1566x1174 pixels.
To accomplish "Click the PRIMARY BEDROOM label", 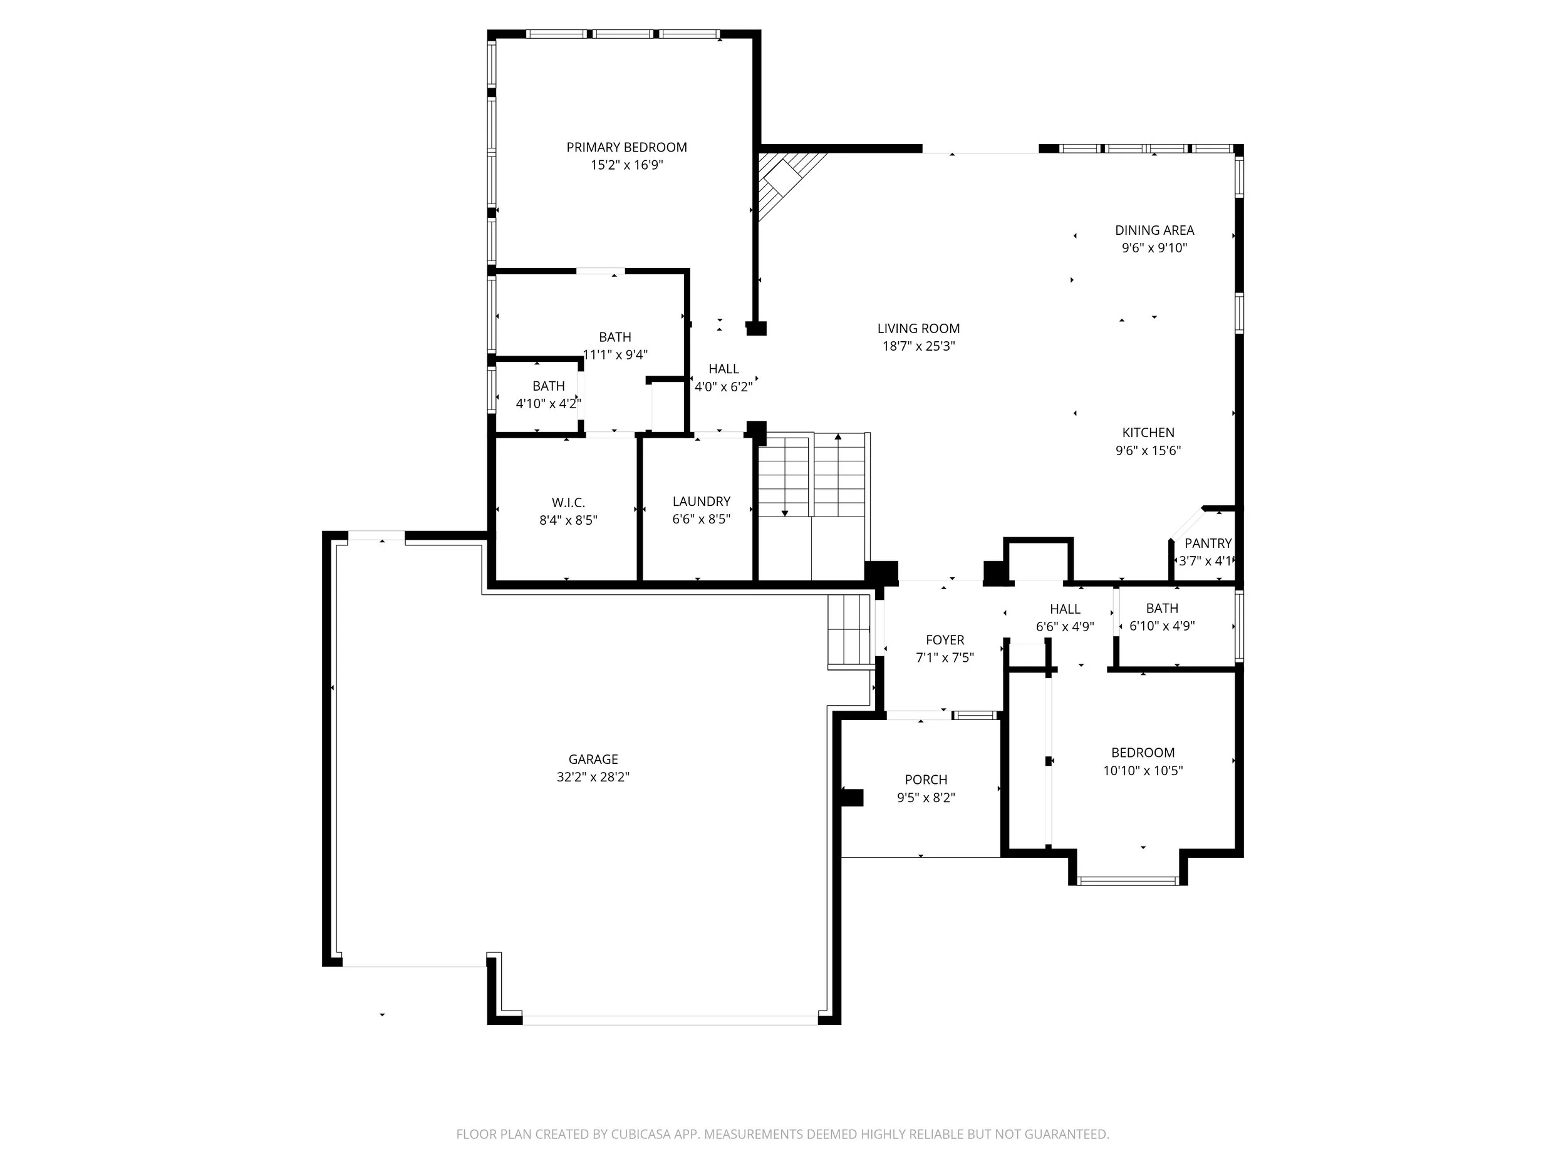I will point(626,147).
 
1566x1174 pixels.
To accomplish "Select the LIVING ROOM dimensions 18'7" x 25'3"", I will point(918,346).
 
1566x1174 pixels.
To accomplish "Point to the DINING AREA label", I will point(1154,230).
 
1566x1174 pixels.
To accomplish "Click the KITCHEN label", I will point(1148,433).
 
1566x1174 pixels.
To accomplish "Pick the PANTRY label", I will point(1208,543).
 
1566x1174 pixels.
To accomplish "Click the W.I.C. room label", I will point(568,502).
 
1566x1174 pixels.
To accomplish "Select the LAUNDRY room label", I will point(701,501).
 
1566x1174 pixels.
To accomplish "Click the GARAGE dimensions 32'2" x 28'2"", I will point(593,777).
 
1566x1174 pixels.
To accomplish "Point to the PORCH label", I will point(925,780).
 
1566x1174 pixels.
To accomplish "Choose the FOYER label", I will point(945,640).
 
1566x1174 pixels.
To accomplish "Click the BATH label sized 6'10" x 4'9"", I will point(1162,608).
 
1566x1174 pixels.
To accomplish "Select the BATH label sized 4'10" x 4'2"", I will point(548,386).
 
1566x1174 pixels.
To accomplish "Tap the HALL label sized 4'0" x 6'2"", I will point(723,369).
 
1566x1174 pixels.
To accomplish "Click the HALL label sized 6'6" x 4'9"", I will point(1065,609).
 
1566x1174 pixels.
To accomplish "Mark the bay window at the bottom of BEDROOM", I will point(1127,880).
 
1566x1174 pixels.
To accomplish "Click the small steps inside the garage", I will point(849,630).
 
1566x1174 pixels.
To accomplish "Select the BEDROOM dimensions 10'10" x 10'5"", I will point(1143,771).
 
